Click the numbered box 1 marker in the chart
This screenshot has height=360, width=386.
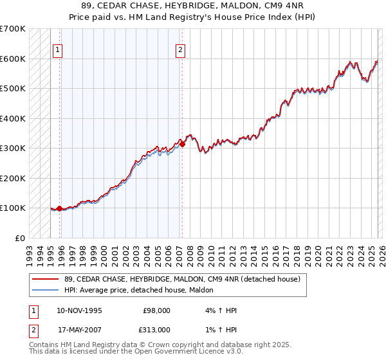click(x=58, y=50)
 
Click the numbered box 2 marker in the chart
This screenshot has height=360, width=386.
click(x=180, y=50)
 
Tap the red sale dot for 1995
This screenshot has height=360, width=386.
click(x=60, y=208)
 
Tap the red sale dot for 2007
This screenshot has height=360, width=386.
click(x=182, y=145)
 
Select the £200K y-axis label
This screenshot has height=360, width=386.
click(x=13, y=178)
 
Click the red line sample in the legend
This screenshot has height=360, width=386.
click(x=46, y=279)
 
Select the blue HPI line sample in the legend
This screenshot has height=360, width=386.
click(x=46, y=291)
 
